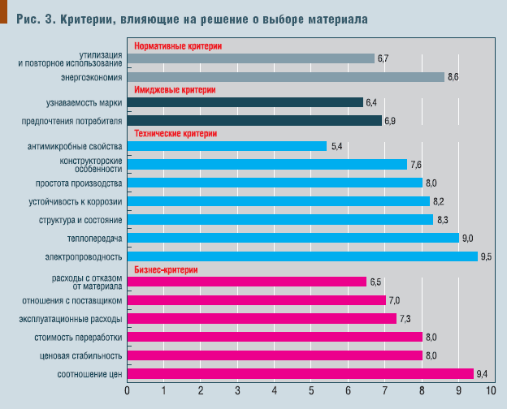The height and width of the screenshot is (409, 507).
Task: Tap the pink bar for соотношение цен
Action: click(301, 374)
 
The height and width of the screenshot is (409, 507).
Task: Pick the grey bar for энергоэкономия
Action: click(285, 77)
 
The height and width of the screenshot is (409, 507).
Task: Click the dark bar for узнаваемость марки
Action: click(245, 102)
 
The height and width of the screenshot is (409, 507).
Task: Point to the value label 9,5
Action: click(487, 256)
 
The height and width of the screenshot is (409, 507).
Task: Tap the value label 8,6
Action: click(453, 77)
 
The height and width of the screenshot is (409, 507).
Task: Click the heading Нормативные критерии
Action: click(177, 46)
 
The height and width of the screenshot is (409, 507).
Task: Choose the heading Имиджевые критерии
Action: click(175, 90)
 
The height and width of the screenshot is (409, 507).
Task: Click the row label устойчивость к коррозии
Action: click(74, 201)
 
